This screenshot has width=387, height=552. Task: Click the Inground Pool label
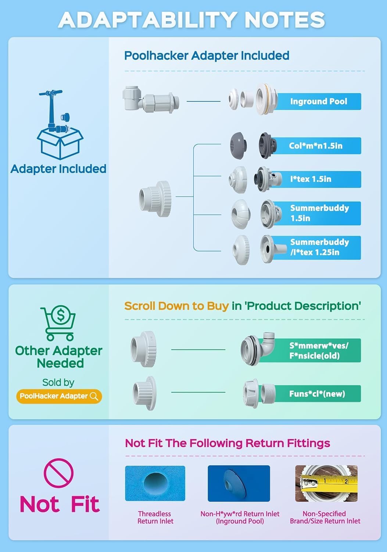(319, 101)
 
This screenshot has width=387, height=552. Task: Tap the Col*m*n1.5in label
(316, 146)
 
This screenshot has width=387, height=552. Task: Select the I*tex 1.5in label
(311, 179)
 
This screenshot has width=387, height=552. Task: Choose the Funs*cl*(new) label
(317, 393)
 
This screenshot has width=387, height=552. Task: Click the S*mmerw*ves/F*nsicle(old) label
(319, 350)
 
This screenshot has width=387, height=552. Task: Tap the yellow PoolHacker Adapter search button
(59, 396)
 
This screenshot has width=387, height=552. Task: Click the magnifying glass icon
(94, 396)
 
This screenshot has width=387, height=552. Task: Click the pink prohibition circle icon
(58, 473)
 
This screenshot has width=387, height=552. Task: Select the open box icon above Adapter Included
(60, 125)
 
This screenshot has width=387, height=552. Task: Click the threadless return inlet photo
(155, 483)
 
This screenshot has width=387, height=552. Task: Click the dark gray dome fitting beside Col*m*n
(239, 145)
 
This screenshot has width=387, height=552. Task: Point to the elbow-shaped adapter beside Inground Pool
(150, 100)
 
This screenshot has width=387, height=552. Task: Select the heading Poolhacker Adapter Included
(207, 56)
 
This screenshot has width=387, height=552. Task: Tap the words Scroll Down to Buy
(176, 306)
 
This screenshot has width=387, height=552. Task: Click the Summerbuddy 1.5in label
(319, 213)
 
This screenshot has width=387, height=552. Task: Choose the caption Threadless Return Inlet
(155, 517)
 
